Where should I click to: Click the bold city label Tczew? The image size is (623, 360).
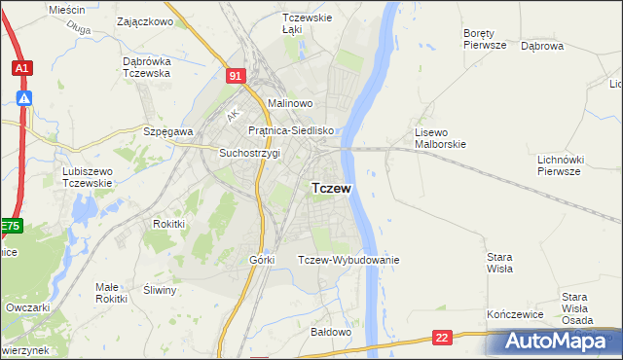[331, 188]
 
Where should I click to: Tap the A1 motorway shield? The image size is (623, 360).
[21, 68]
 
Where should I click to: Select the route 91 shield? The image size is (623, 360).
[236, 74]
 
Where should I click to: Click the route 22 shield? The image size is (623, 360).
[443, 338]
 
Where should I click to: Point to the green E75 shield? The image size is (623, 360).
[10, 227]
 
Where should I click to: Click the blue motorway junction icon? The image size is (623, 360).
[24, 97]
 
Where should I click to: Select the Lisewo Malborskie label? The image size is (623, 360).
[441, 138]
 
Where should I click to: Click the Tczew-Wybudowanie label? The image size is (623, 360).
[348, 260]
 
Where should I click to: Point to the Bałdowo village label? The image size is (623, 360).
[330, 332]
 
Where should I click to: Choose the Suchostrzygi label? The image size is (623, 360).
[249, 153]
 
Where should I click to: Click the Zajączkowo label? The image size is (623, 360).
[144, 20]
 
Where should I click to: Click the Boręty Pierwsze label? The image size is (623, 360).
[485, 38]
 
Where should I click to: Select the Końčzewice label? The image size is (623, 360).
[513, 316]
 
